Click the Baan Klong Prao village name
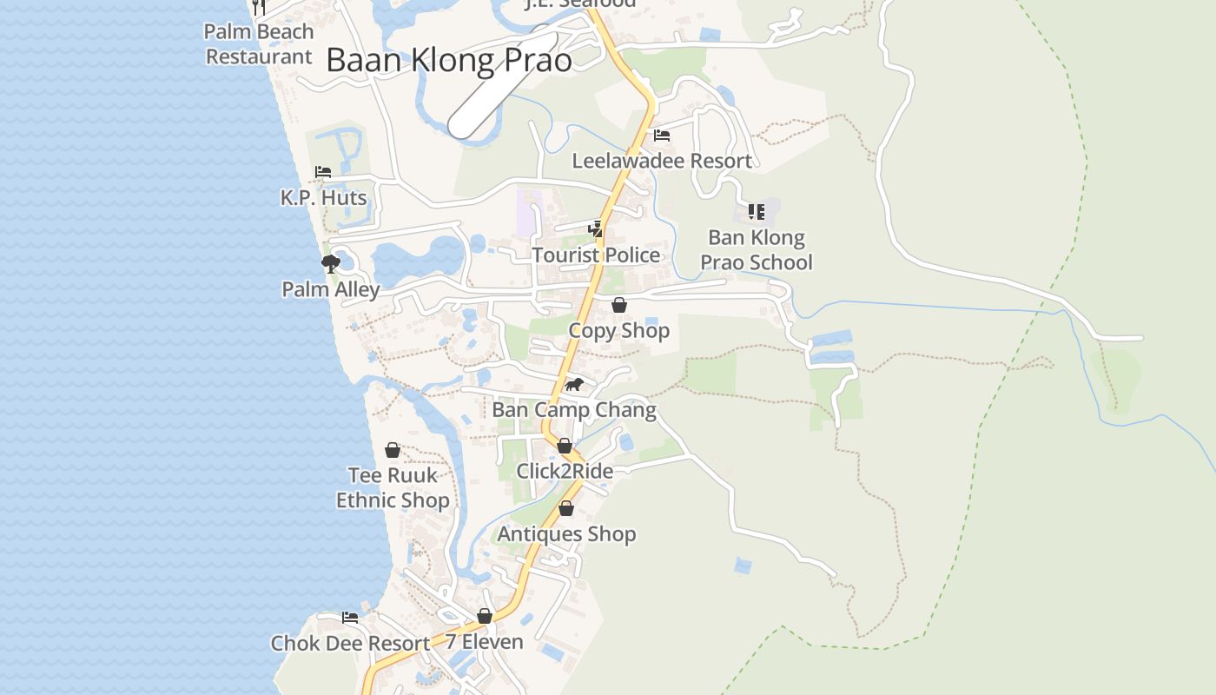pos(449,60)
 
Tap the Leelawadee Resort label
pos(662,161)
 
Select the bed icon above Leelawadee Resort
pos(662,136)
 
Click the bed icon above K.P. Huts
pos(323,172)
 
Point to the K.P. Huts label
pos(323,198)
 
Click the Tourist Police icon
pos(596,229)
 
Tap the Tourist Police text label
pos(596,255)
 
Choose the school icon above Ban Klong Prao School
pos(756,211)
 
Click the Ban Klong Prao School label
pos(757,250)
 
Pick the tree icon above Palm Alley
pos(330,263)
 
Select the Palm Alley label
pos(330,289)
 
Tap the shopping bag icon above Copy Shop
pos(619,305)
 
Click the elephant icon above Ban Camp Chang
pos(573,384)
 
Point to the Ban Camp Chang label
pos(574,409)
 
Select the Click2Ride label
pos(565,471)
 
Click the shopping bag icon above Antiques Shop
pos(566,508)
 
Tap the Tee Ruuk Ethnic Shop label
pos(393,487)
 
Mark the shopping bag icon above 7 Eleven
pos(485,616)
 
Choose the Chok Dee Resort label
pos(350,643)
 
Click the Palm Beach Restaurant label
pos(259,44)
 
